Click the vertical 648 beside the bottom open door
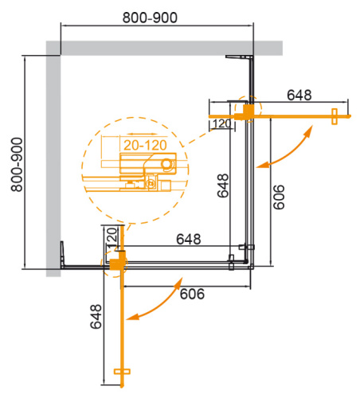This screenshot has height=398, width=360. click(x=96, y=318)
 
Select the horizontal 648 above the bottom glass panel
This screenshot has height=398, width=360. click(x=188, y=239)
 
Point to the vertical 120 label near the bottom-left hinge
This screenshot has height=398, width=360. click(x=112, y=237)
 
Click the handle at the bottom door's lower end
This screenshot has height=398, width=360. click(x=121, y=373)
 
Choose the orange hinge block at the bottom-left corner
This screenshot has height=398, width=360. click(x=119, y=260)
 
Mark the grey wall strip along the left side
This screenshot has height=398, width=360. click(x=53, y=159)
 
